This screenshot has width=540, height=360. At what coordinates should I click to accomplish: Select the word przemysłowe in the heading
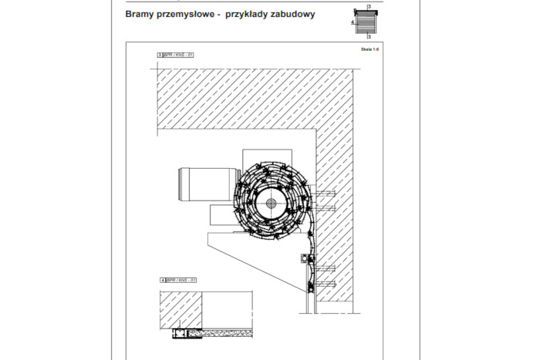[x=187, y=14]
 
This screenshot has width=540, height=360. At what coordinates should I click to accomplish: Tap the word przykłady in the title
[x=251, y=14]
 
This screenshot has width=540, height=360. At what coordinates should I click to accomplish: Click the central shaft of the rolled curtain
[x=271, y=203]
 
